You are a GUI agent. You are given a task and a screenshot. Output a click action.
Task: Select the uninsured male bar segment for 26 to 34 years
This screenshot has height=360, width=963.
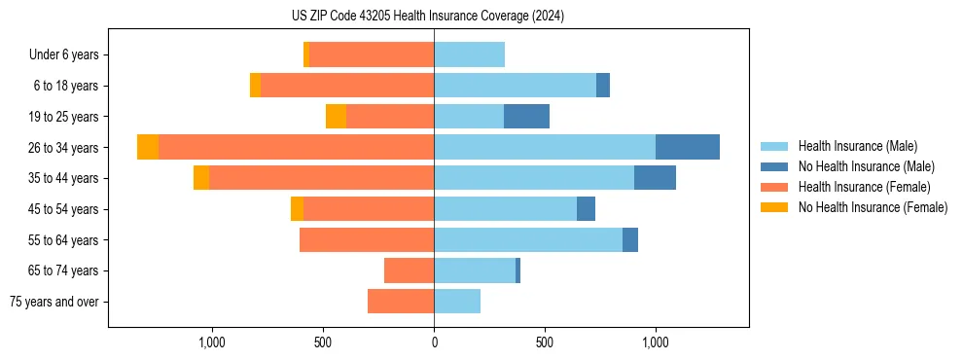tap(687, 147)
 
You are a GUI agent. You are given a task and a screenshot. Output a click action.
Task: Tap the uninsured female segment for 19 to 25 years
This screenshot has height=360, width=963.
tap(336, 117)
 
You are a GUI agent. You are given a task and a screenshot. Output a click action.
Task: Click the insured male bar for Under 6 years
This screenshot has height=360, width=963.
tap(469, 54)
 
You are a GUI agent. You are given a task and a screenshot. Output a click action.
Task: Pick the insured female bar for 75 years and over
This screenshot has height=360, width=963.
tap(401, 302)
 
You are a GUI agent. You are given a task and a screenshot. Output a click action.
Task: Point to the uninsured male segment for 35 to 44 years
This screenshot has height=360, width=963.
tap(655, 178)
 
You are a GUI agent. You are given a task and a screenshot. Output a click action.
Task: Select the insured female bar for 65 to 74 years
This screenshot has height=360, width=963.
tap(409, 270)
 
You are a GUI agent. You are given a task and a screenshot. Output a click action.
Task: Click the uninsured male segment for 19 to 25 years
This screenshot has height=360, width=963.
tap(526, 117)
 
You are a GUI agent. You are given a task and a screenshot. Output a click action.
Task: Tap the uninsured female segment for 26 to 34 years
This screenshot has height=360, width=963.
tap(148, 147)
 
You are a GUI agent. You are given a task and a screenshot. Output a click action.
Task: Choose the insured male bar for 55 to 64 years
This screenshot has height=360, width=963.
tap(528, 239)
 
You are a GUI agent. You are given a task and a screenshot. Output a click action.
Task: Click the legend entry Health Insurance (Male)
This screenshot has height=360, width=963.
tap(857, 146)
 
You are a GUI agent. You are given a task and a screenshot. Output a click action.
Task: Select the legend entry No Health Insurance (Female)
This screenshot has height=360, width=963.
tap(873, 207)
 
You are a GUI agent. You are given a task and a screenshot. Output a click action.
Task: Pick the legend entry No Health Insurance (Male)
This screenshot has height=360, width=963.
tap(866, 166)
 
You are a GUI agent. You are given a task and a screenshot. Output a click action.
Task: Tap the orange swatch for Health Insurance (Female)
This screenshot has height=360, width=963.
tap(774, 187)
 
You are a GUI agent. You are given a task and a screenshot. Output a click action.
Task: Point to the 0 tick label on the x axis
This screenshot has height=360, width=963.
tap(434, 342)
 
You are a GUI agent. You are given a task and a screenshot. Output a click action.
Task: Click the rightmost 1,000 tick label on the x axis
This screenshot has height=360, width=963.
tap(655, 342)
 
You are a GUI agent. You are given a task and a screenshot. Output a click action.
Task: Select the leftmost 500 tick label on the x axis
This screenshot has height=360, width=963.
tap(323, 342)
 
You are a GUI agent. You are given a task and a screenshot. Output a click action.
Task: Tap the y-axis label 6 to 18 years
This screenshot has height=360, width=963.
tap(66, 86)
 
